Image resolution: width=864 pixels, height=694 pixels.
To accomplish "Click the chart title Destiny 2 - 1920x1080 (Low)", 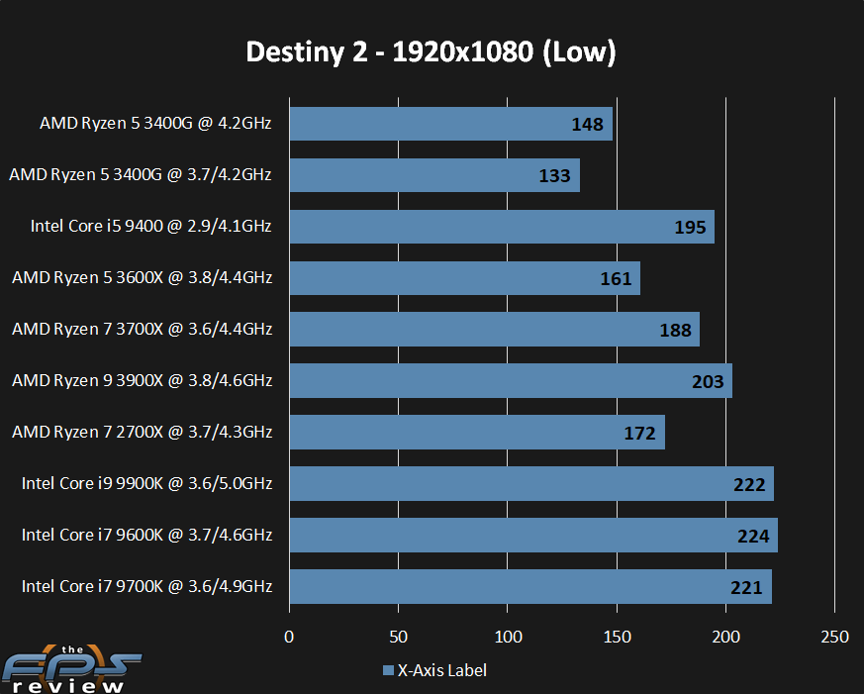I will tap(432, 52).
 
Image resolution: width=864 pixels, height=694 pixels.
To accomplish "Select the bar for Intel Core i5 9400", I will tap(501, 227).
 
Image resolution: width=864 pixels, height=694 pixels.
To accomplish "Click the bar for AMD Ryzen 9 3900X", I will tap(510, 381).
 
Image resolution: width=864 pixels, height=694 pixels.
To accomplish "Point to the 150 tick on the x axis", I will tap(617, 637).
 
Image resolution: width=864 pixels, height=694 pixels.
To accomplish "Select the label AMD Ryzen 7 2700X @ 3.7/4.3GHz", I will tap(141, 432).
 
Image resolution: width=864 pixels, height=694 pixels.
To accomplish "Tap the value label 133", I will tap(555, 175).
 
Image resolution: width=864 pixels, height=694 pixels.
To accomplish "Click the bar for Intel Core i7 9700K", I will tap(529, 587).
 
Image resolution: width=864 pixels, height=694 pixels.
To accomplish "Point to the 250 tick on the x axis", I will tap(835, 637).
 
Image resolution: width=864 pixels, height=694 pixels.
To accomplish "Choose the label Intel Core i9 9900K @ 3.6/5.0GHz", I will tap(146, 483).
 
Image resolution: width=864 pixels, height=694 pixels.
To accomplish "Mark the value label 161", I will tap(616, 278).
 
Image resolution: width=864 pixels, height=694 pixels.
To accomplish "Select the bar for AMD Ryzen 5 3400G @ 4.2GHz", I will tap(450, 124).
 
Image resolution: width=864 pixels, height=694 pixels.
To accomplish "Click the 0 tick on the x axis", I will tap(289, 637).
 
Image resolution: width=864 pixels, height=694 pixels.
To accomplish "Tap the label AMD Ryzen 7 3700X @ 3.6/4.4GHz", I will tap(141, 329).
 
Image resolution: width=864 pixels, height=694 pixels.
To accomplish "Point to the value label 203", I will tap(708, 381).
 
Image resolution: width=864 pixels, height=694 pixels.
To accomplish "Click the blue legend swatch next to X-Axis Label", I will tap(388, 671).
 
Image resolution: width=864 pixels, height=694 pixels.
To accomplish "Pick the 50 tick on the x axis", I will tap(398, 637).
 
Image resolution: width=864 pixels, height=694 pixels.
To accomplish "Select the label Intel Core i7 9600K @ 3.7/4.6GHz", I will tap(146, 535).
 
